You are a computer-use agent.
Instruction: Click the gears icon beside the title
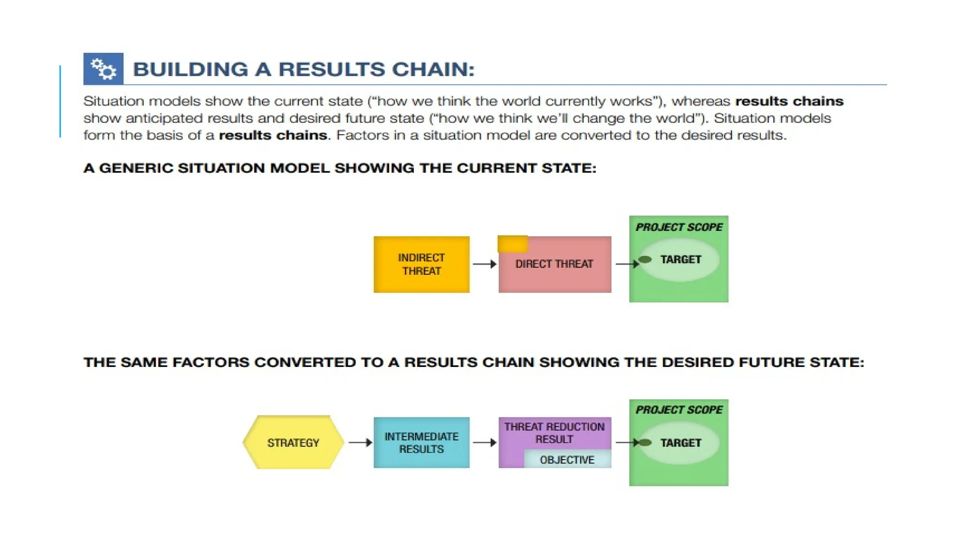[103, 69]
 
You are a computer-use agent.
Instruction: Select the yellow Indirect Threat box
[421, 264]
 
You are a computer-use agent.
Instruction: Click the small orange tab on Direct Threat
[513, 244]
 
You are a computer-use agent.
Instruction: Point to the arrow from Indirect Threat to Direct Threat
[484, 264]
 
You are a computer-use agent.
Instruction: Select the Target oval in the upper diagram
[680, 260]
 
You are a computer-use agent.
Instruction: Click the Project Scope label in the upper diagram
[679, 227]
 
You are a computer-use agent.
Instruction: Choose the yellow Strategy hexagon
[293, 443]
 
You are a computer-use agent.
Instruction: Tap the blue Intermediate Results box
[421, 443]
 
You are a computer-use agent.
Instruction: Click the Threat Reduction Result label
[554, 433]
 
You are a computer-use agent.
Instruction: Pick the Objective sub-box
[567, 460]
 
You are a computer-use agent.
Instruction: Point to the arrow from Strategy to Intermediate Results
[360, 443]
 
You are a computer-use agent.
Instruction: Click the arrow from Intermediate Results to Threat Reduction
[484, 443]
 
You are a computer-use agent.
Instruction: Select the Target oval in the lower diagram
[680, 443]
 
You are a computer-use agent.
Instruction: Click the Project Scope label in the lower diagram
[679, 410]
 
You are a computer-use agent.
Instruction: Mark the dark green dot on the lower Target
[646, 443]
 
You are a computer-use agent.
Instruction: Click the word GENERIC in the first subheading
[136, 168]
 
